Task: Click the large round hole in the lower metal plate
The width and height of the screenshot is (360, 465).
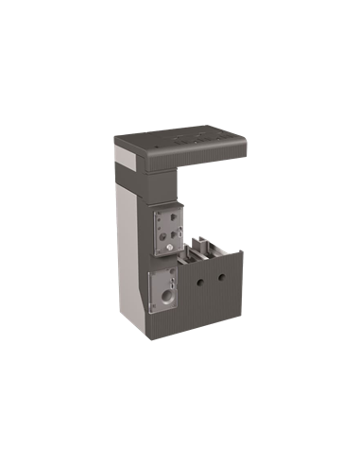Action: tap(166, 293)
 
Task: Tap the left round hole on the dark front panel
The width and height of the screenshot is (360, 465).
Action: tap(200, 280)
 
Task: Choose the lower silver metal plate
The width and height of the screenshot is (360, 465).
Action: tap(163, 288)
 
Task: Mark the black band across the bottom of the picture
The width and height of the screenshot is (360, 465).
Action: tap(180, 355)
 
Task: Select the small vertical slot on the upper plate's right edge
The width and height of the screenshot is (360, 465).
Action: tap(180, 228)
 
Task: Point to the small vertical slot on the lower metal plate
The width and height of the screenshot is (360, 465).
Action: tap(174, 280)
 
